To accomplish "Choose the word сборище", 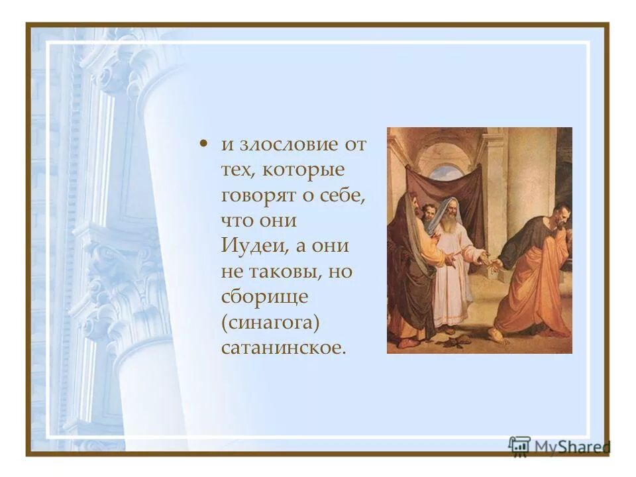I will click(264, 297).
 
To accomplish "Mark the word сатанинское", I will click(283, 347).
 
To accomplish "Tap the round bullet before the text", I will click(205, 144).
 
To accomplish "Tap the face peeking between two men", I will click(429, 212).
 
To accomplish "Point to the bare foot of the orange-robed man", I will click(495, 337).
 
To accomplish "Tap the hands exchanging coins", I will click(490, 261).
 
